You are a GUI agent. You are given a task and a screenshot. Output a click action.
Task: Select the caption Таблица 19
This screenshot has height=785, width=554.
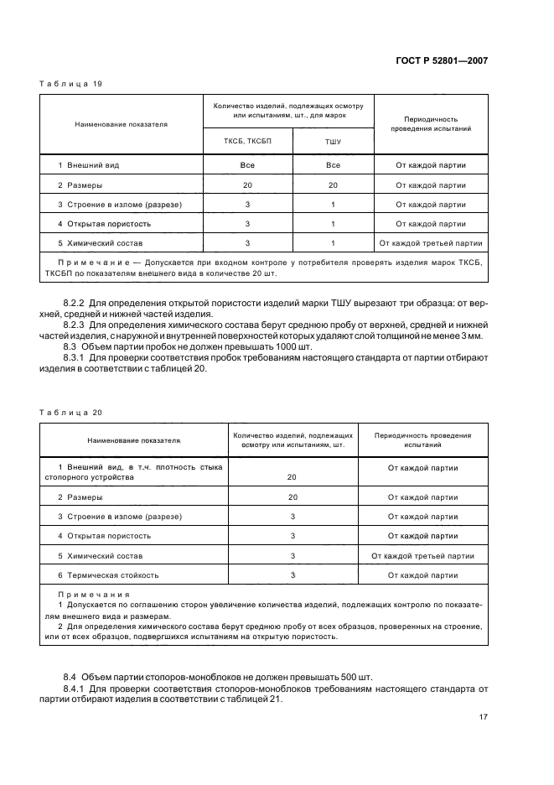click(x=70, y=83)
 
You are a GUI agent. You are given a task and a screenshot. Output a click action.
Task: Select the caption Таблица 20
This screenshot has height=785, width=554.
click(x=70, y=413)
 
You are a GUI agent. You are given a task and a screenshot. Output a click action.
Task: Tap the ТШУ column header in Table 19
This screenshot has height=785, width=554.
click(x=333, y=142)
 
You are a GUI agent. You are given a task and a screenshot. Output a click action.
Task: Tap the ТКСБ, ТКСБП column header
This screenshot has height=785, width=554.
click(x=247, y=141)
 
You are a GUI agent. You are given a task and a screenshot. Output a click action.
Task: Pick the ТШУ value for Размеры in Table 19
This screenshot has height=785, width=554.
click(x=333, y=185)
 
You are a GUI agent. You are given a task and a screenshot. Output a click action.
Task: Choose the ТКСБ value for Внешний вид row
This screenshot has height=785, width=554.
click(x=247, y=165)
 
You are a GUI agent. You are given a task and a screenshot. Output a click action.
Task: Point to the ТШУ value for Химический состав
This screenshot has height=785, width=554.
click(x=333, y=243)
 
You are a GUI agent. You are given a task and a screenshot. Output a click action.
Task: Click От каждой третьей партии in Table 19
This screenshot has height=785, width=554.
click(x=431, y=243)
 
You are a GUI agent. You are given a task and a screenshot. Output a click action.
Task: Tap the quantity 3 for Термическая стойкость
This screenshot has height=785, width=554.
click(x=293, y=575)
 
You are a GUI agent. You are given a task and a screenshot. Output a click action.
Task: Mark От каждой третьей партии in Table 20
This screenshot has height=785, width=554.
click(x=422, y=555)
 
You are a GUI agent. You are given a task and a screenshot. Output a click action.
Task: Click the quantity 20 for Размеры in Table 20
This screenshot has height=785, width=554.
click(x=293, y=496)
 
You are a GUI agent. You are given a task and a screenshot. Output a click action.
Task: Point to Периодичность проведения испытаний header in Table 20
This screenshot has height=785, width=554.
click(x=422, y=440)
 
